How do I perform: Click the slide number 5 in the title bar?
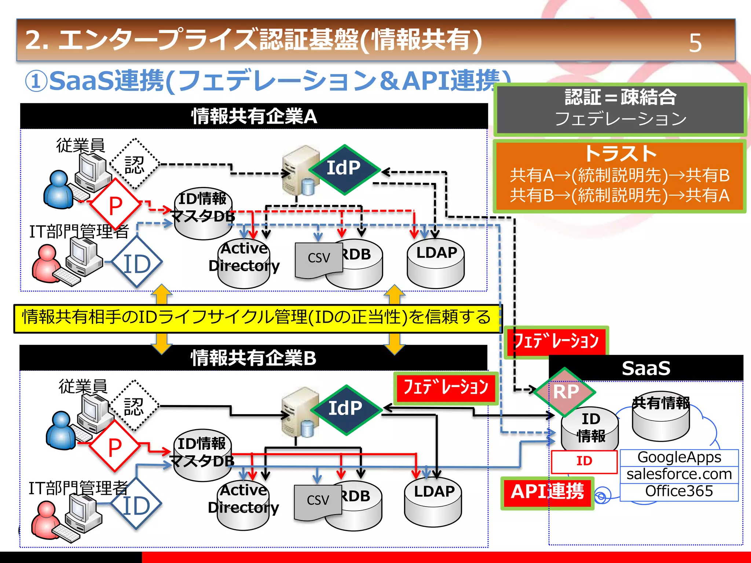click(x=695, y=43)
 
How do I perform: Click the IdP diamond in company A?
click(x=344, y=169)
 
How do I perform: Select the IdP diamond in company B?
click(x=345, y=409)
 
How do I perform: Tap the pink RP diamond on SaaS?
click(x=565, y=392)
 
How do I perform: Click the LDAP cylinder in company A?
click(x=436, y=264)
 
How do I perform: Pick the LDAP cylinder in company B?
click(x=433, y=503)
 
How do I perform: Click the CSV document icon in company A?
click(x=318, y=259)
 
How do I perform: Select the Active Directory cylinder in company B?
click(x=243, y=506)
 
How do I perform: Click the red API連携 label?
click(x=547, y=492)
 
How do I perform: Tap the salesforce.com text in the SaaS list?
click(x=679, y=474)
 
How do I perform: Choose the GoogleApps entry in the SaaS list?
click(x=679, y=457)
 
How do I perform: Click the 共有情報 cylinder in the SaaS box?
click(x=661, y=418)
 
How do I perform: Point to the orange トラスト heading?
click(x=620, y=154)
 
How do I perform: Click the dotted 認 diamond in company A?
click(x=135, y=165)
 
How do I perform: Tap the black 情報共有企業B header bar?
click(x=253, y=358)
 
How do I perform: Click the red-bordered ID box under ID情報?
click(x=584, y=461)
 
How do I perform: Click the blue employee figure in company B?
click(x=61, y=431)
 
